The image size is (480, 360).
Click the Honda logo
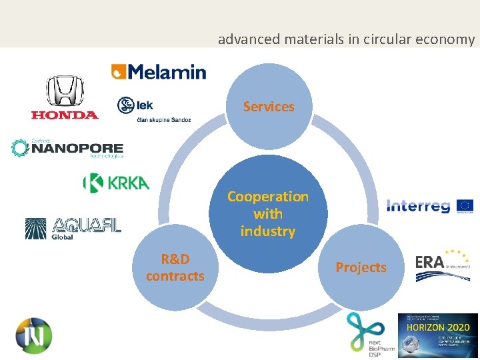(65, 97)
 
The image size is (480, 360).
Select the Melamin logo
(159, 71)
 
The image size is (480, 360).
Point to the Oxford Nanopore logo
(67, 148)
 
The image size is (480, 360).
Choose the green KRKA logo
(116, 183)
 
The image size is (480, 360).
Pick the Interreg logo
(419, 206)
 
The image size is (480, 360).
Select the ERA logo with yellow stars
(441, 263)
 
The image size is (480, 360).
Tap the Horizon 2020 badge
(438, 335)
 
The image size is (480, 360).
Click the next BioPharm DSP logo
(369, 333)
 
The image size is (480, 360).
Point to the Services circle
(269, 107)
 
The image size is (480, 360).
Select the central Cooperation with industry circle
(268, 214)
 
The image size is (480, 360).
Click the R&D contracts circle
(175, 267)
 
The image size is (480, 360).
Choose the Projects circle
(361, 267)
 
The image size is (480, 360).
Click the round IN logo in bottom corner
(34, 334)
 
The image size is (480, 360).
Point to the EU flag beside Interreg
(464, 205)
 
